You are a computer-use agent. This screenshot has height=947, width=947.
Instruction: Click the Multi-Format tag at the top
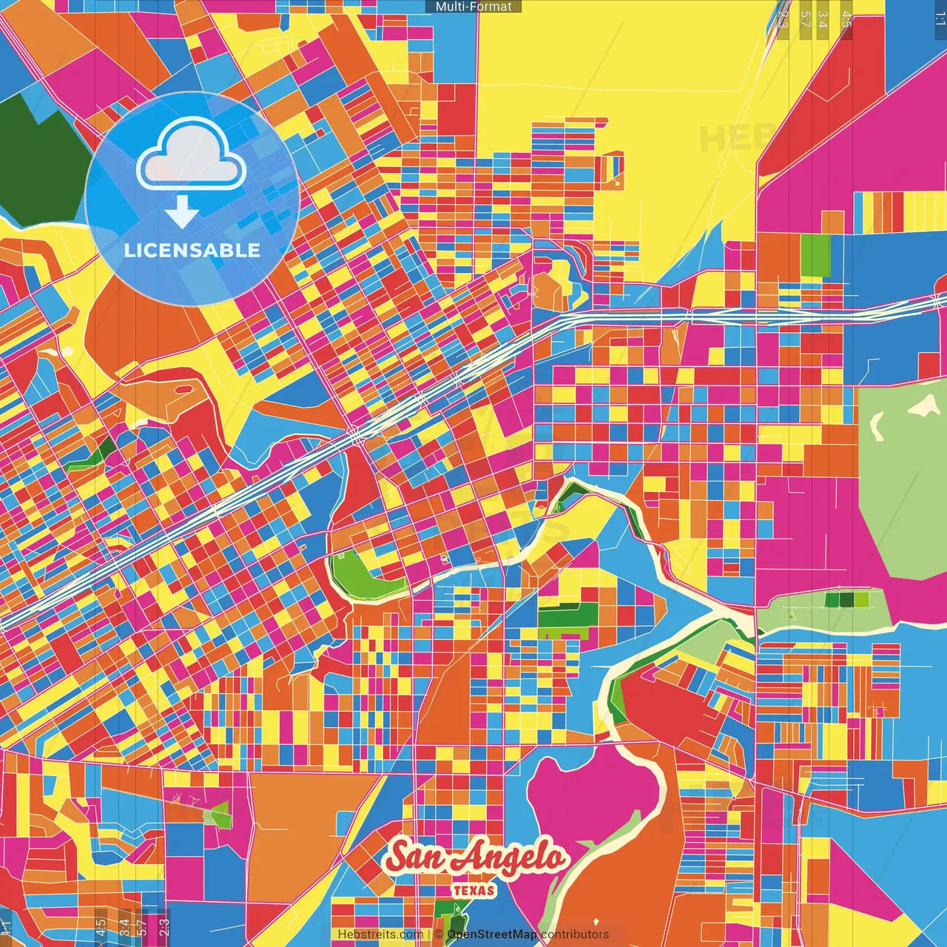(473, 7)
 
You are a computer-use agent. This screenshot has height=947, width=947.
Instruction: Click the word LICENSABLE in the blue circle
(192, 250)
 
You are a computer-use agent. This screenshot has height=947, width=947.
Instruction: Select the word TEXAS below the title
(474, 890)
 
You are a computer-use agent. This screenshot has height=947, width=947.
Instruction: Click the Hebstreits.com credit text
(380, 934)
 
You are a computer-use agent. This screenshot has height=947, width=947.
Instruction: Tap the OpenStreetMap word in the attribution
(492, 934)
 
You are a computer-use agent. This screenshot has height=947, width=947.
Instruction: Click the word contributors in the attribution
(575, 934)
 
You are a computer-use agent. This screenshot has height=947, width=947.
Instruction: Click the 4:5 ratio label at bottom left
(101, 928)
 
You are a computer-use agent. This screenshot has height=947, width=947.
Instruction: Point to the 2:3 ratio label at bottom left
(164, 928)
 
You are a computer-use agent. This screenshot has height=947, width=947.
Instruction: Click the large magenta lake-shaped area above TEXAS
(592, 799)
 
